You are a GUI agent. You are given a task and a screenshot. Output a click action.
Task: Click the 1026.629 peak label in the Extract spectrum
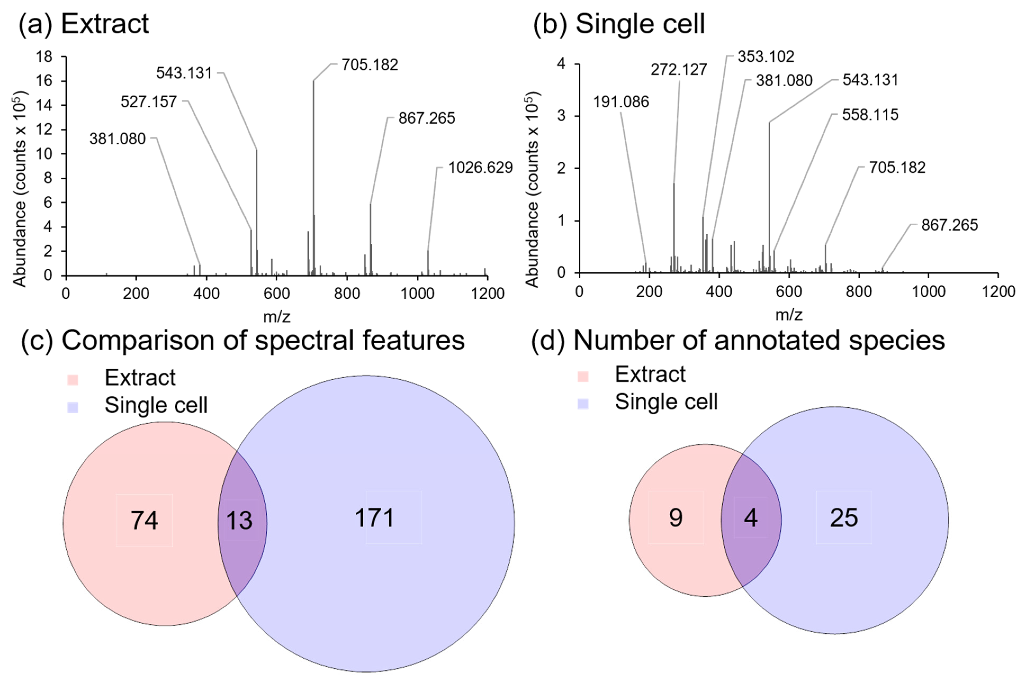480,168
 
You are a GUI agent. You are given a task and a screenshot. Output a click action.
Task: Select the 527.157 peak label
149,102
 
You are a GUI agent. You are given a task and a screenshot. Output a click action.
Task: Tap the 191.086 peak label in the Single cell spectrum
621,102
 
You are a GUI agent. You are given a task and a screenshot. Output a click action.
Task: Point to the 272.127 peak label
679,70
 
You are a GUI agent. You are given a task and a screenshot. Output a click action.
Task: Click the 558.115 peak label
870,115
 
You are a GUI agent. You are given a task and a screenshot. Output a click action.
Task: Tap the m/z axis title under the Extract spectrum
277,316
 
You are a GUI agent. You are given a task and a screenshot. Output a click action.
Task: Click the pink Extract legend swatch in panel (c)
73,380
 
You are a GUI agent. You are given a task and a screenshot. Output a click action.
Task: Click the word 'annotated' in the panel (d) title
776,340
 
